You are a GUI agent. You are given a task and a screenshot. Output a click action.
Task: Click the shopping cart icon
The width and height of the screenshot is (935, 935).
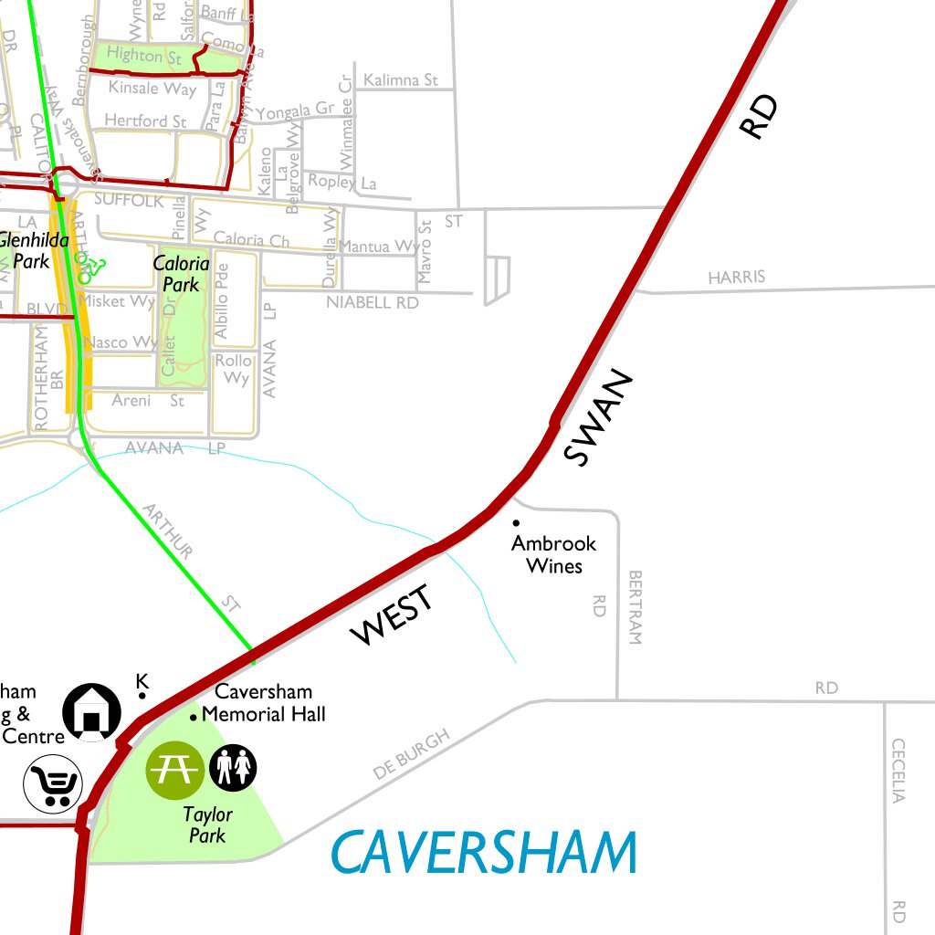click(x=53, y=783)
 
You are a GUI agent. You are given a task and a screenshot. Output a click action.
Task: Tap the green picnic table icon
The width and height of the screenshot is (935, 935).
click(x=174, y=769)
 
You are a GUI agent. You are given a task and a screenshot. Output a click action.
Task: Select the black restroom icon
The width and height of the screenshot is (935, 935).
click(x=234, y=768)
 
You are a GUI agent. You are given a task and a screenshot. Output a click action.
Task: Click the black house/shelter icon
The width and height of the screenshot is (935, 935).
click(x=91, y=712)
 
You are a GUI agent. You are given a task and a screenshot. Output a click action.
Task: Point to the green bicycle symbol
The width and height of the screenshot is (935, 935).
click(x=90, y=268)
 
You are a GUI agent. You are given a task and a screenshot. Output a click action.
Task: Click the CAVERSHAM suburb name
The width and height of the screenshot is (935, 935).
click(x=483, y=853)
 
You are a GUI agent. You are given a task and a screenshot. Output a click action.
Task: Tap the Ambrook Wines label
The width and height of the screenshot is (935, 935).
click(x=553, y=554)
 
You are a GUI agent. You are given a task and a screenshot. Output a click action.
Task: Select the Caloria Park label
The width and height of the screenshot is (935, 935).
click(x=181, y=274)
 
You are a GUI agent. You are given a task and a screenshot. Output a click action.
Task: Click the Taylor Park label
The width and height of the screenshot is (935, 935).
click(x=208, y=824)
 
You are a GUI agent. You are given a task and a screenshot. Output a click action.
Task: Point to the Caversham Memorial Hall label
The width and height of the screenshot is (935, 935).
click(x=263, y=703)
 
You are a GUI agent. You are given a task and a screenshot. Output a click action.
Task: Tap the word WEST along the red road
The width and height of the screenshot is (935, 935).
click(x=392, y=616)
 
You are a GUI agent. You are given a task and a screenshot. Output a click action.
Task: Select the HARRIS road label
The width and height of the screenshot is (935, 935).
click(x=736, y=277)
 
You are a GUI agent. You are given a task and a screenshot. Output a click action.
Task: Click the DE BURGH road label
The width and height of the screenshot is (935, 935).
click(x=411, y=754)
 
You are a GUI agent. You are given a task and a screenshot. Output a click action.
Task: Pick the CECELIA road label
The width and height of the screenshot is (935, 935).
click(x=898, y=770)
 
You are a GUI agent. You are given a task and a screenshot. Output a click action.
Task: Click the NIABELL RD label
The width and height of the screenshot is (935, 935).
click(x=372, y=302)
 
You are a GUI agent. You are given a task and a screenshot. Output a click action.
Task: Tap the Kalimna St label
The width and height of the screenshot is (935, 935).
click(x=401, y=80)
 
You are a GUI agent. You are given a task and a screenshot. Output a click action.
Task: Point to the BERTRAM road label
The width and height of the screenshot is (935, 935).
click(x=636, y=608)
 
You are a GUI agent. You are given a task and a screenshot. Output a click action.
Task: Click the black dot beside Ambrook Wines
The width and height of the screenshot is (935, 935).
click(x=516, y=523)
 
